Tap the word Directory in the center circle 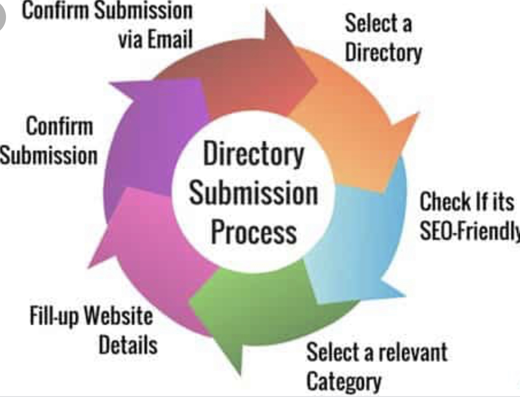254,154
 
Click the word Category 344,381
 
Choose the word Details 128,345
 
